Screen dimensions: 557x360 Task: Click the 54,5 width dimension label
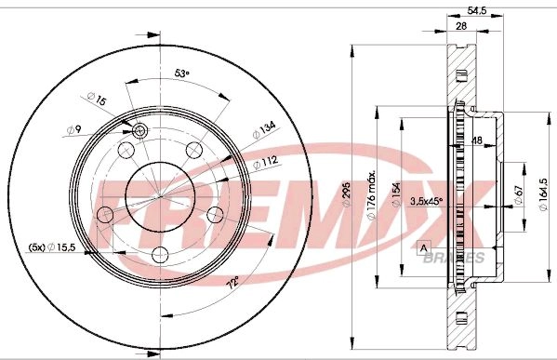coord(476,10)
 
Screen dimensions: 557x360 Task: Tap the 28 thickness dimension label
coord(460,26)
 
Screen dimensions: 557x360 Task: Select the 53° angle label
coord(181,73)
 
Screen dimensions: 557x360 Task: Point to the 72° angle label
coord(233,282)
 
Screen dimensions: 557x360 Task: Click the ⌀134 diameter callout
coord(264,130)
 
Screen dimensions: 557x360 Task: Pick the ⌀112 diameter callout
coord(265,163)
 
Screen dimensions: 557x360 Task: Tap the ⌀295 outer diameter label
coord(346,194)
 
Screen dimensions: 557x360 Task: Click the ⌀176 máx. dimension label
coord(371,195)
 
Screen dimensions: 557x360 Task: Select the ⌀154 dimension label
coord(396,194)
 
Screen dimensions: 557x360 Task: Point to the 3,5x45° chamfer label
coord(427,201)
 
